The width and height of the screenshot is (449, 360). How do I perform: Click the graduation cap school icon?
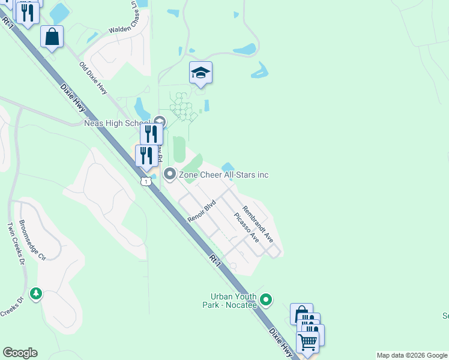pos(200,73)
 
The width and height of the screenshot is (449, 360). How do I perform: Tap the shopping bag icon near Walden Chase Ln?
pos(52,37)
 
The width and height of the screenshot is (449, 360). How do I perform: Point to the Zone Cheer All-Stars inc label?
pos(223,175)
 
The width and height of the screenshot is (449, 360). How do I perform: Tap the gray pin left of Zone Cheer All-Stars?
pos(169,175)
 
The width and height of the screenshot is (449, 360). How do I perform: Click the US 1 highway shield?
pos(145,181)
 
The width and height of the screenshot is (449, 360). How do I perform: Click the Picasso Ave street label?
pos(246,228)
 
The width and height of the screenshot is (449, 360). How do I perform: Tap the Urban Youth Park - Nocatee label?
pos(234,301)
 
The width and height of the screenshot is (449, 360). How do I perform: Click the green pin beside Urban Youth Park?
pos(267,299)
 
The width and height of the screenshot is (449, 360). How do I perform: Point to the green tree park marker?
pos(37,293)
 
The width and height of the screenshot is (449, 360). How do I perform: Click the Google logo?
pos(20,353)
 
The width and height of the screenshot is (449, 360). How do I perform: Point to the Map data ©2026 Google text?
pos(412,355)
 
